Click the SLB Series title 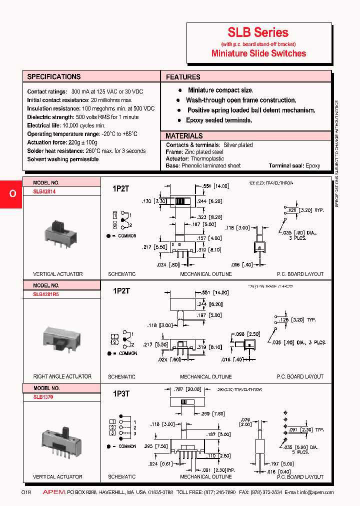(258, 33)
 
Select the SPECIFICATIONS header (53, 76)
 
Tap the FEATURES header (183, 77)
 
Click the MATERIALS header (184, 136)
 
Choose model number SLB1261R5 (46, 294)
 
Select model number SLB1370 (43, 397)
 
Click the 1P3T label (121, 393)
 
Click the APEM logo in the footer (53, 492)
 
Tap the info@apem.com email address (316, 492)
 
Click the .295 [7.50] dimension (155, 446)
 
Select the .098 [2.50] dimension (247, 333)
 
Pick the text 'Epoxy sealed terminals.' (219, 120)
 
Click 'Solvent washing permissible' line (63, 159)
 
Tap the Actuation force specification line (62, 142)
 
